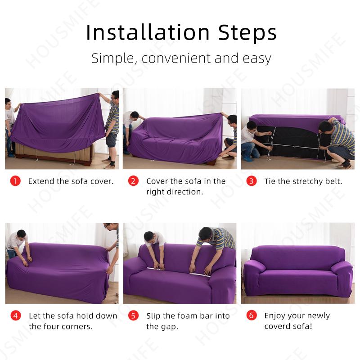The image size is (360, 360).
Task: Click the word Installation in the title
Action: click(148, 32)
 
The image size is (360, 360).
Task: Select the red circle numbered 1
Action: click(15, 181)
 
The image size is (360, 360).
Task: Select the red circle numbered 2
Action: click(133, 181)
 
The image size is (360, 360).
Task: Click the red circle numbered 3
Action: click(252, 181)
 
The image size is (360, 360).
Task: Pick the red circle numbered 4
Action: click(15, 315)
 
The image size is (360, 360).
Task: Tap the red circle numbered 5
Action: click(133, 315)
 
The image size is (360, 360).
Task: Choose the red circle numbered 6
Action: click(252, 315)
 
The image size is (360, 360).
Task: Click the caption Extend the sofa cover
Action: click(71, 181)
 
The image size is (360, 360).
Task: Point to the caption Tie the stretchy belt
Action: click(303, 181)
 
